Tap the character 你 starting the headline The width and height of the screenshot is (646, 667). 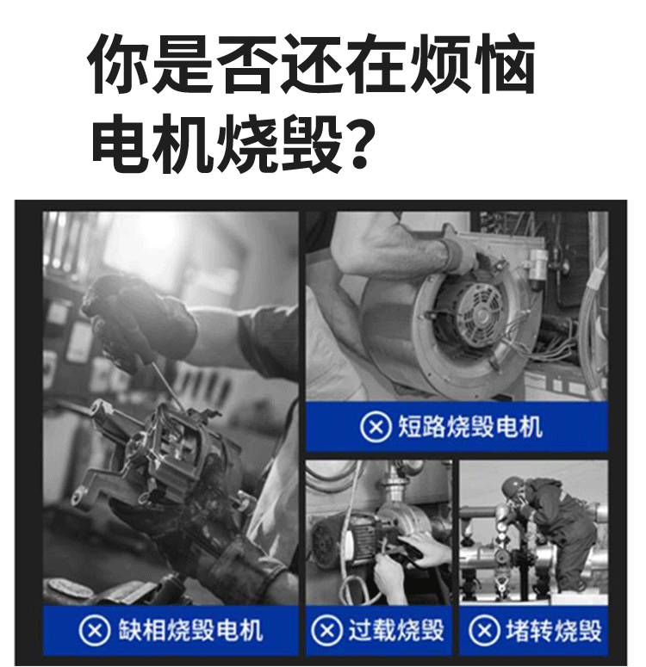[x=118, y=65]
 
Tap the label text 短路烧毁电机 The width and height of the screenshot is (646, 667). [x=469, y=426]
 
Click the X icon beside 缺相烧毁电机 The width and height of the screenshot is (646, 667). [x=95, y=630]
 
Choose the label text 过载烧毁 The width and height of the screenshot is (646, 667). [x=395, y=630]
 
